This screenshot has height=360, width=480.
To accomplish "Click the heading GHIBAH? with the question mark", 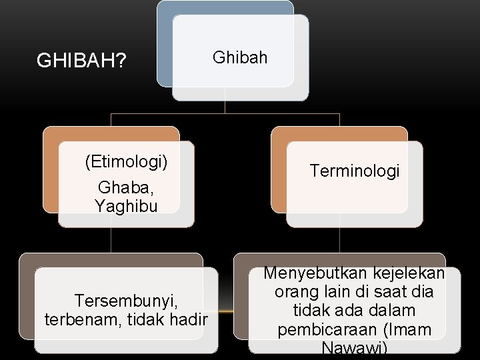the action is pyautogui.click(x=82, y=61).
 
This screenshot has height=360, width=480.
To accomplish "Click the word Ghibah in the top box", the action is pyautogui.click(x=240, y=57).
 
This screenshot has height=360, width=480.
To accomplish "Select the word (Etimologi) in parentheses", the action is pyautogui.click(x=126, y=161).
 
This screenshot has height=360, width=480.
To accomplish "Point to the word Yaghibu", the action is pyautogui.click(x=126, y=206).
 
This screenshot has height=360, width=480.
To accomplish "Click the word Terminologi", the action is pyautogui.click(x=355, y=171).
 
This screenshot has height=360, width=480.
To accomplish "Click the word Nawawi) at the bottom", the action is pyautogui.click(x=354, y=348).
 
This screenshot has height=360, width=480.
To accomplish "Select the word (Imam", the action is pyautogui.click(x=405, y=330).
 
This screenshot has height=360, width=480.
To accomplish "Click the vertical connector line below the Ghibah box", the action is pyautogui.click(x=225, y=107).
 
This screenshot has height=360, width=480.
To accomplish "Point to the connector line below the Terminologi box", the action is pyautogui.click(x=340, y=240).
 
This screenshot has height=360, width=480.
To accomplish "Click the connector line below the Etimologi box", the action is pyautogui.click(x=111, y=240).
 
